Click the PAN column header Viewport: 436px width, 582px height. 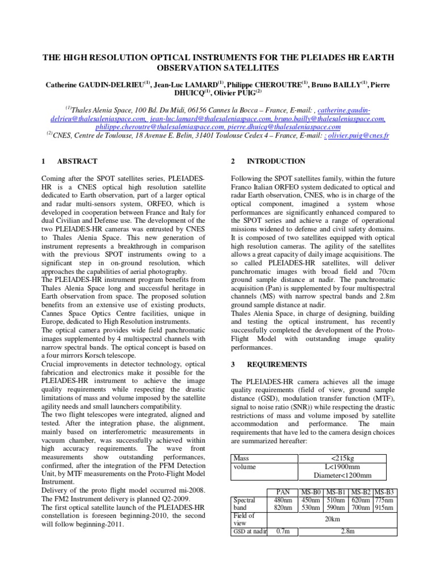[x=283, y=492]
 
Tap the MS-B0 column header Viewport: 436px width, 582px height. [x=311, y=492]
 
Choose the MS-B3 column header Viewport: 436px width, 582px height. [x=384, y=492]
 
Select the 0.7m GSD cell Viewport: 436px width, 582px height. [x=283, y=532]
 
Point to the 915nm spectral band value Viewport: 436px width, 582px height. [x=384, y=508]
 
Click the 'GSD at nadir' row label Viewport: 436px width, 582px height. [x=250, y=532]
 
